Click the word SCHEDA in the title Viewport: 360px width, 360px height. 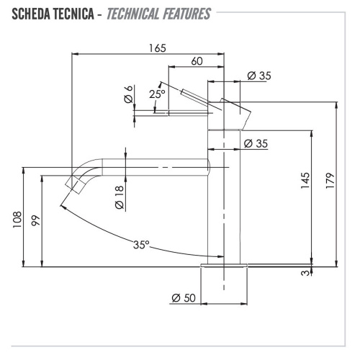point(30,14)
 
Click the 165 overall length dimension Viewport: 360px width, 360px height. point(157,48)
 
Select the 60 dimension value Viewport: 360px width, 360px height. point(196,62)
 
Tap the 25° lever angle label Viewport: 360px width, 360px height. point(157,94)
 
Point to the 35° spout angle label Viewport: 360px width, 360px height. point(141,244)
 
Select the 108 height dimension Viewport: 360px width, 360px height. point(17,218)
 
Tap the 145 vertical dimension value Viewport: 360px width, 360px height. point(305,179)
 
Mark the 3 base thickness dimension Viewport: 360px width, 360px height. point(305,272)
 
